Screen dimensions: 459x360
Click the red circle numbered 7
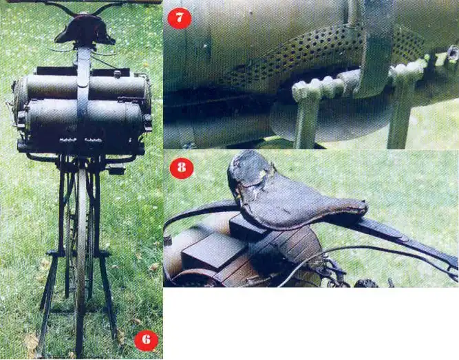click(x=179, y=17)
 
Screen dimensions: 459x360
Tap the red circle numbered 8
click(x=182, y=167)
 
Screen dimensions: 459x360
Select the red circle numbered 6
click(x=146, y=340)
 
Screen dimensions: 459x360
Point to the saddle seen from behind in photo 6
click(x=85, y=30)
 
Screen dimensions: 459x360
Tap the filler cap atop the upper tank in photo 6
click(x=118, y=73)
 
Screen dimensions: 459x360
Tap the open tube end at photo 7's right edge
click(x=453, y=53)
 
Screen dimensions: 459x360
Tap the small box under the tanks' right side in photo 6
click(x=116, y=169)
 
